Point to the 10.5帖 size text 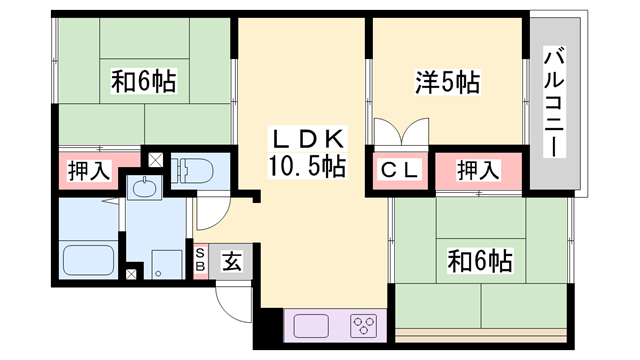point(306,166)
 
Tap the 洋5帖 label point(446,84)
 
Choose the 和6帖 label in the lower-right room point(480,262)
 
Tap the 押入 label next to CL point(478,170)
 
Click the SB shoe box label point(200,262)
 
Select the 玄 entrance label point(230,262)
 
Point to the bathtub point(88,261)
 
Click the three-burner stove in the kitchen point(361,327)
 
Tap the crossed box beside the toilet point(155,158)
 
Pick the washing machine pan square point(162,261)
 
